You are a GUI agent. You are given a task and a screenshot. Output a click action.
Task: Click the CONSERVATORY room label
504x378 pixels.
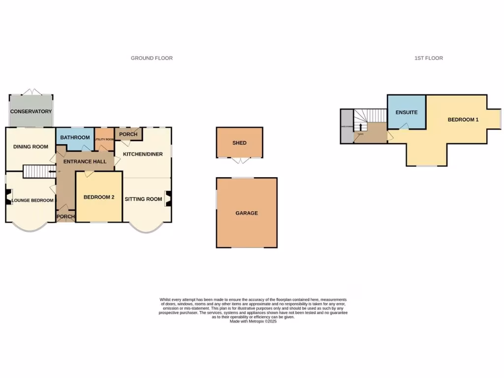coord(31,111)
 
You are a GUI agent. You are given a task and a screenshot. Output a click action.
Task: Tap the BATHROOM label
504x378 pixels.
coord(75,137)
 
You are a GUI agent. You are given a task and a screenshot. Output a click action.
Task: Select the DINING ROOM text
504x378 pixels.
coord(31,147)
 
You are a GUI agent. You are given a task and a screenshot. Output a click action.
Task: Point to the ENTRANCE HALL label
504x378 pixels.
coord(84,161)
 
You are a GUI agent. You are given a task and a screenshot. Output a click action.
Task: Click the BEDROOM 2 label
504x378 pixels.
coord(99,197)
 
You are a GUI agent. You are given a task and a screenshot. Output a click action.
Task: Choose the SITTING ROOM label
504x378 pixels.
coord(143,199)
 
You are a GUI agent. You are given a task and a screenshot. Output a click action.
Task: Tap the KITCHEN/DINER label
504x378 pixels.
coord(143,154)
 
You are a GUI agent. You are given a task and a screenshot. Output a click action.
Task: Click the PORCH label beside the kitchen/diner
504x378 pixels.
coord(128,134)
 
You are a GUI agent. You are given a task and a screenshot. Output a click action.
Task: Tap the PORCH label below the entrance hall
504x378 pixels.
coord(65,217)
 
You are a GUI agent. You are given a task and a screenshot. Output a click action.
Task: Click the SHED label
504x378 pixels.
coord(239,143)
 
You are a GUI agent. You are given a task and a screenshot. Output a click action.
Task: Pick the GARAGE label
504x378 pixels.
coord(246,213)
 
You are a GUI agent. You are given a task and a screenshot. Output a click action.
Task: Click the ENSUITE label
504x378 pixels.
coord(407,112)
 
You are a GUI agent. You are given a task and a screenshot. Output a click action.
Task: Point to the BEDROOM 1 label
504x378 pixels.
coord(463,120)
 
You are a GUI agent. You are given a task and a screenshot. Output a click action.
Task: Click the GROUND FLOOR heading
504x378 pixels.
coord(152,58)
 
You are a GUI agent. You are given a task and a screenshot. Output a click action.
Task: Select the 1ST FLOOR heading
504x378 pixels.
coord(428,58)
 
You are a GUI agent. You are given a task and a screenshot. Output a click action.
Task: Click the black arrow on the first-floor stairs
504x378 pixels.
coord(360,127)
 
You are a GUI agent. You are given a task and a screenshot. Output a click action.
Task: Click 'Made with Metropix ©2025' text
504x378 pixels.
coord(253,321)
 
